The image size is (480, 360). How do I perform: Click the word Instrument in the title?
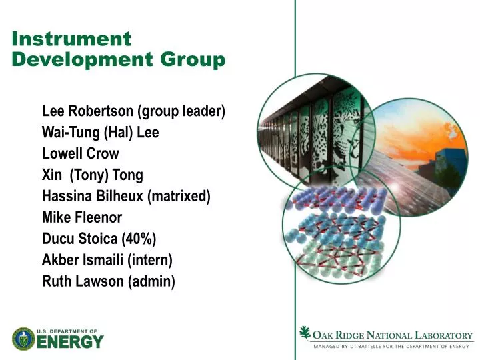[x=71, y=39]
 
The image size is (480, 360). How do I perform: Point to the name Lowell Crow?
[x=80, y=153]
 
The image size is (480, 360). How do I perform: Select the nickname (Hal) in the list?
[x=118, y=132]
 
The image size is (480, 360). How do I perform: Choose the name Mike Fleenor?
[x=82, y=217]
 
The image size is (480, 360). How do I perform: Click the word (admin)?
[x=153, y=281]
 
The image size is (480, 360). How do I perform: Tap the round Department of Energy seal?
[x=23, y=339]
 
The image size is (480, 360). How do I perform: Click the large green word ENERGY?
[x=70, y=342]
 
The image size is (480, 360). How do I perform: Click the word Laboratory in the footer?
[x=443, y=335]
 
